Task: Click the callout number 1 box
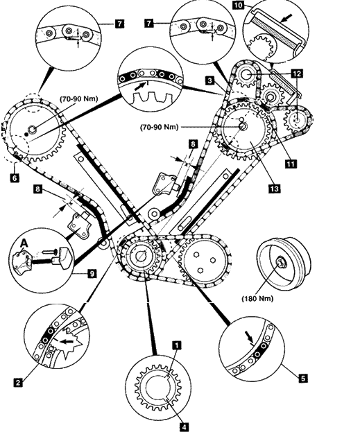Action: [177, 345]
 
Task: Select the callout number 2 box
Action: [18, 383]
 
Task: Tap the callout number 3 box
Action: [209, 80]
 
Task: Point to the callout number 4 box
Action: [185, 427]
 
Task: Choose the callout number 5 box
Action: [303, 379]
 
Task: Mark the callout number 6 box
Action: [15, 178]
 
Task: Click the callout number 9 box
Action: [92, 273]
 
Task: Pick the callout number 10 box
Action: [238, 6]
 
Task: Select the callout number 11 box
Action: [291, 164]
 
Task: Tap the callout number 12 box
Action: [298, 73]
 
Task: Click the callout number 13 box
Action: [275, 189]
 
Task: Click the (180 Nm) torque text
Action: [257, 299]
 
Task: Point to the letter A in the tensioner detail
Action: [25, 243]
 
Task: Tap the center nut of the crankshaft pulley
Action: [281, 262]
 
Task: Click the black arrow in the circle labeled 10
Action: [286, 19]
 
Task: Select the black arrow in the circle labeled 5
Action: [250, 336]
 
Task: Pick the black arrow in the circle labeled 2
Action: [67, 342]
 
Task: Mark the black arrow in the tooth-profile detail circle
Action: [140, 87]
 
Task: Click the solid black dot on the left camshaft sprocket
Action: [26, 135]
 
